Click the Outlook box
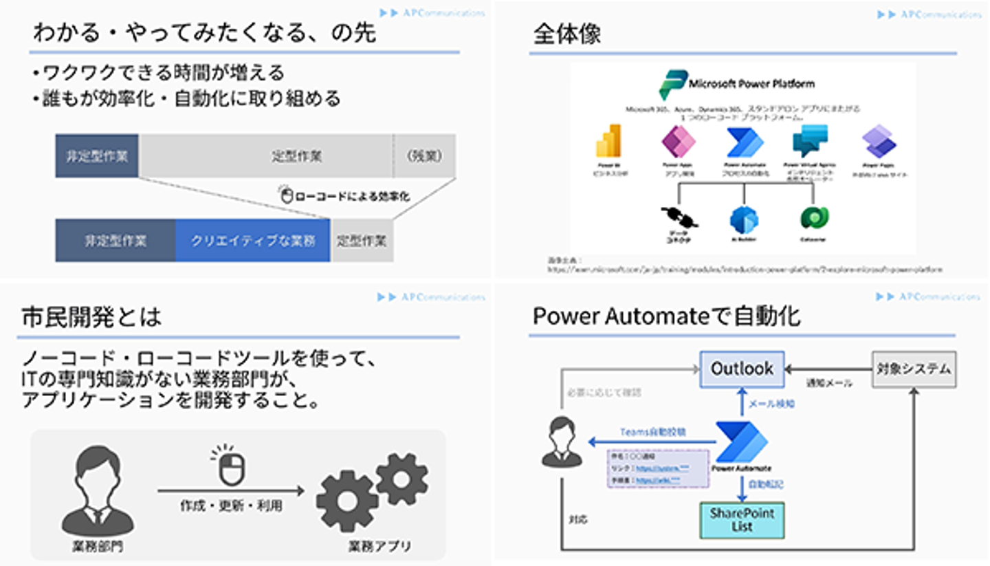point(742,369)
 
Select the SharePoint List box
point(742,520)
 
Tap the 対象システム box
point(914,369)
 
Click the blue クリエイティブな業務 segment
point(252,241)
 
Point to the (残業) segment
point(423,155)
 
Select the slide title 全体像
point(566,34)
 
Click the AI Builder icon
point(745,218)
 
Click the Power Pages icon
point(880,142)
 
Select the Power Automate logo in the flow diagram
point(741,442)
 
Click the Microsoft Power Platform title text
point(751,84)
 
